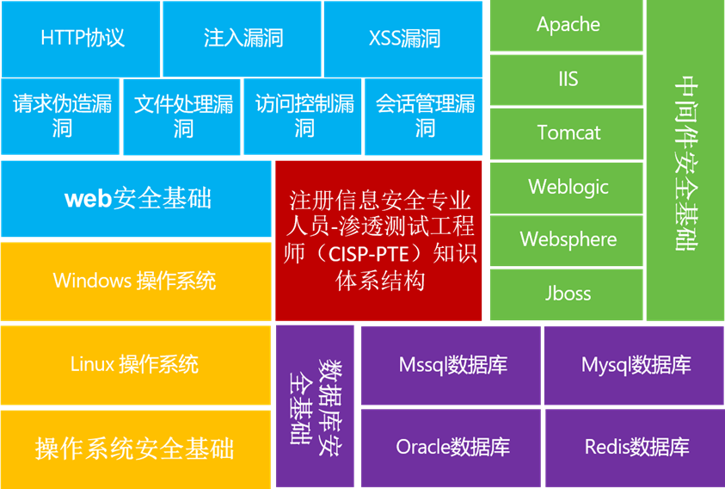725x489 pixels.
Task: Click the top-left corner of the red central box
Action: [276, 162]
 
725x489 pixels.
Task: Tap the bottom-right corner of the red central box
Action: [482, 320]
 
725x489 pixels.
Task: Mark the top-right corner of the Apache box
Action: [642, 1]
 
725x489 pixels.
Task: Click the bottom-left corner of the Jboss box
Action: [490, 319]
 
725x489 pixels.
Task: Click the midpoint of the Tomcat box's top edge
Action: [567, 108]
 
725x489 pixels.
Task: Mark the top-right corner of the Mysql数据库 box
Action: [723, 327]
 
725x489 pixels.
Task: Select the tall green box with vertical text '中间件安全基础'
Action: [685, 160]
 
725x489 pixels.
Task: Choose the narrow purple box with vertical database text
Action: [315, 406]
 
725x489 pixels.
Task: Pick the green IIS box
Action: [567, 80]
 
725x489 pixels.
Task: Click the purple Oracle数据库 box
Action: [451, 448]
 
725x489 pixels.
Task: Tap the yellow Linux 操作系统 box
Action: [136, 365]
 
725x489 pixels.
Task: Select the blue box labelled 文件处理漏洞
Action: [181, 117]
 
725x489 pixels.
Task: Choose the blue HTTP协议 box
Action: [81, 39]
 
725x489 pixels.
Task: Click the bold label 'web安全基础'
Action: [138, 198]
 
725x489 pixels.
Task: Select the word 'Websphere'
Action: [568, 240]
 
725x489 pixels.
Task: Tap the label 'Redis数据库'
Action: [636, 447]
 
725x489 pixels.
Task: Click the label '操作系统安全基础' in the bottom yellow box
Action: [134, 449]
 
